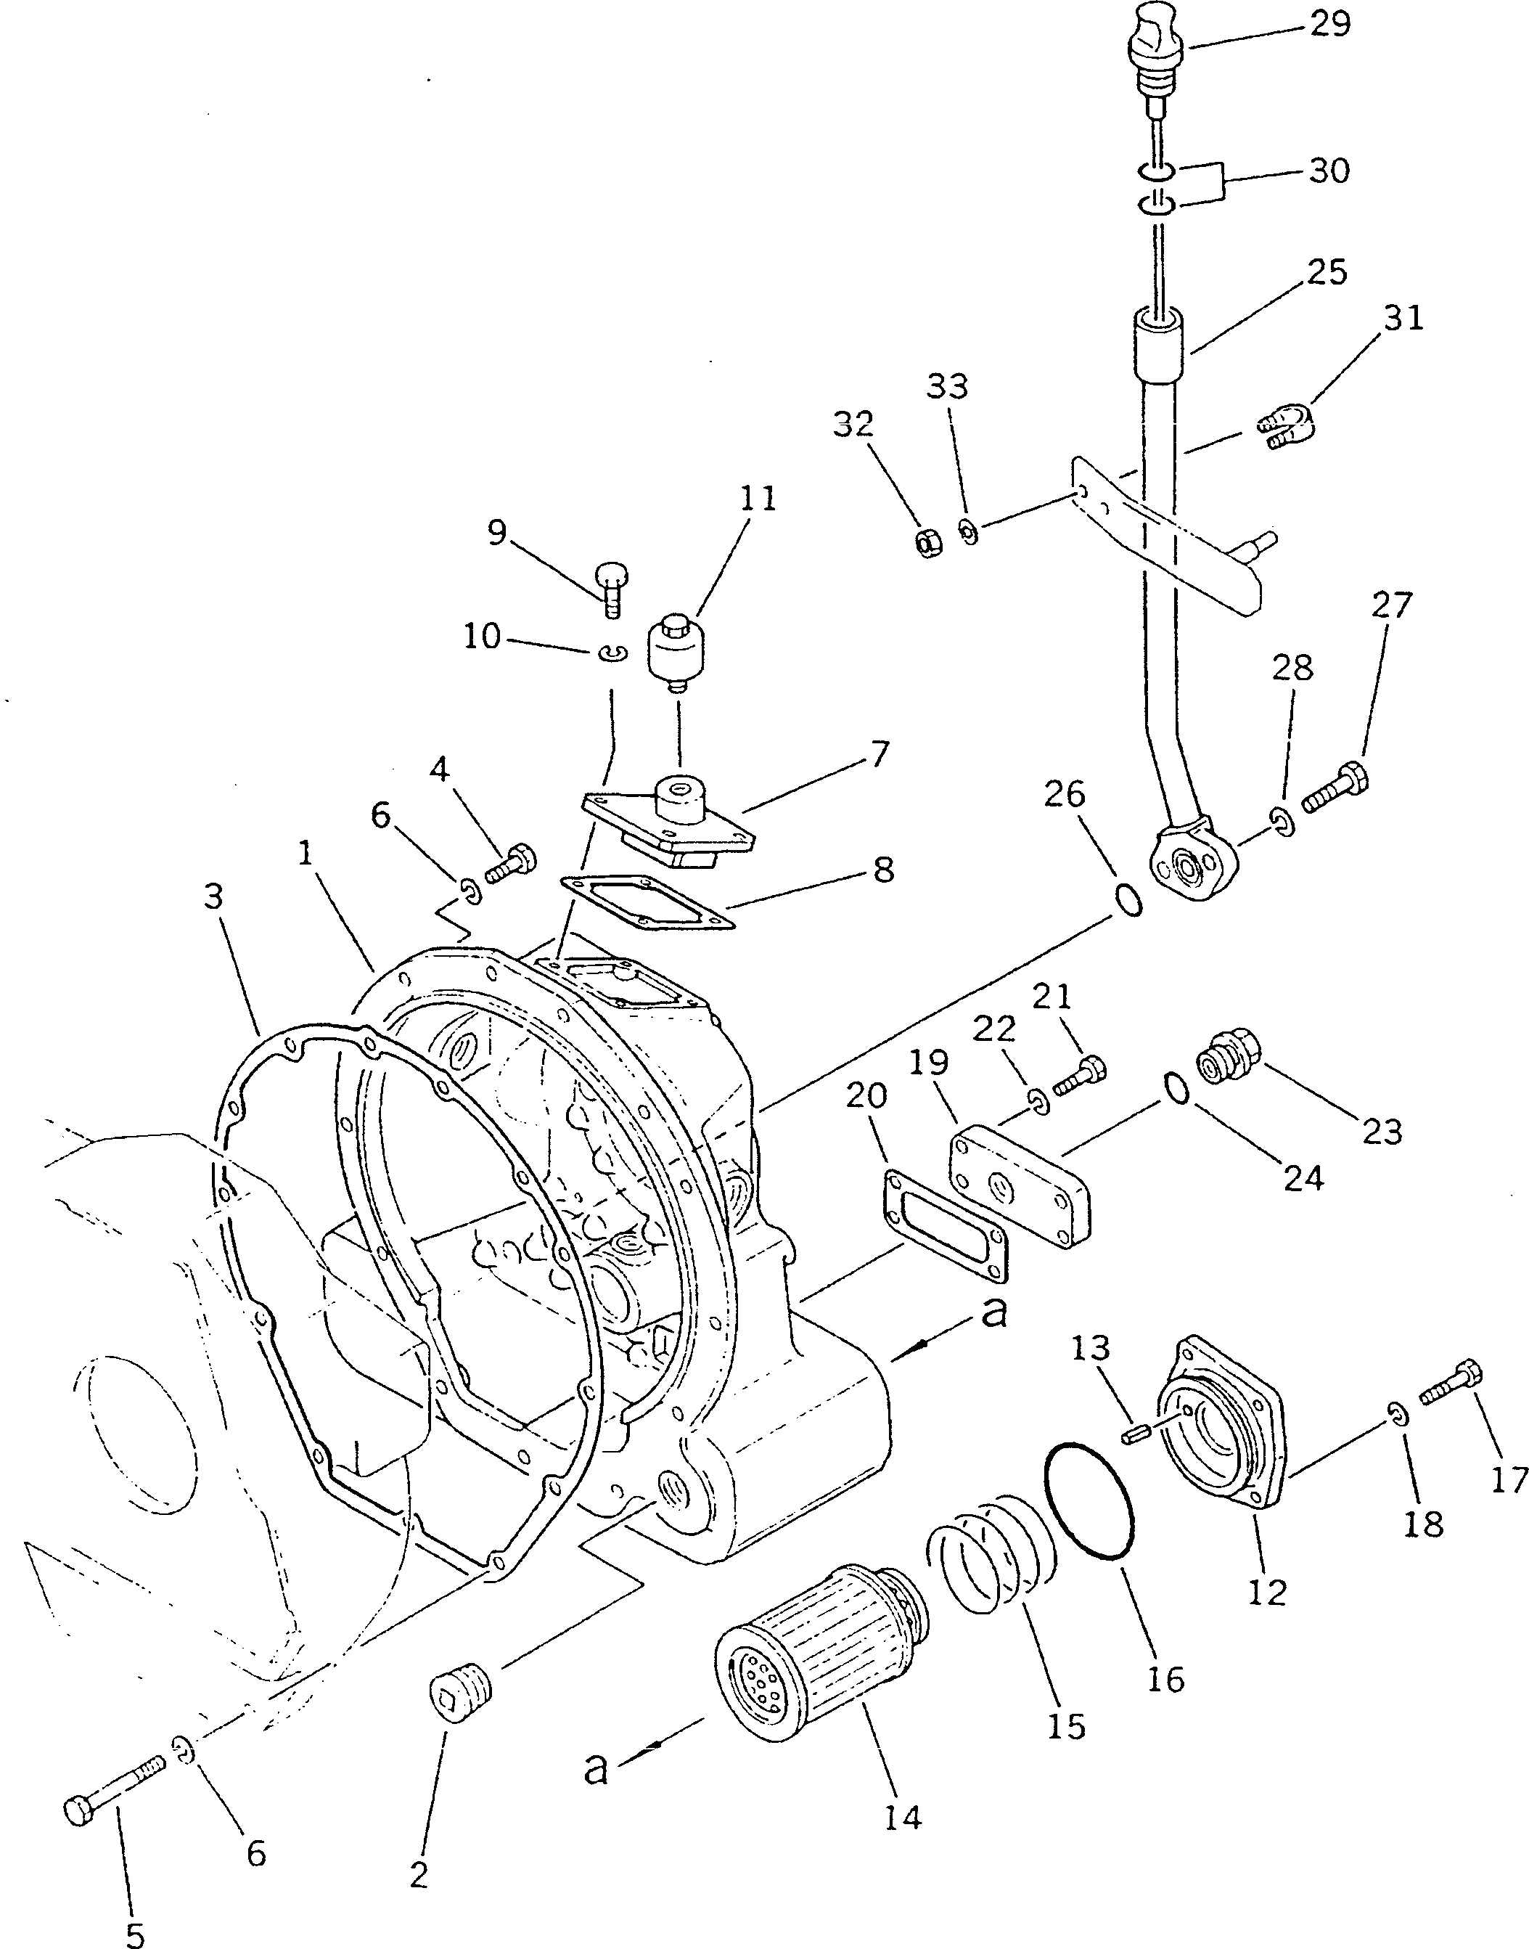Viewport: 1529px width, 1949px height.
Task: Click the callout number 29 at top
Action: coord(1329,24)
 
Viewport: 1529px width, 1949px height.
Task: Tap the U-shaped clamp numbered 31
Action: coord(1288,426)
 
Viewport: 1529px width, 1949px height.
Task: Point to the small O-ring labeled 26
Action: coord(1131,901)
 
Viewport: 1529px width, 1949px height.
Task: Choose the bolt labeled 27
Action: coord(1335,785)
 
